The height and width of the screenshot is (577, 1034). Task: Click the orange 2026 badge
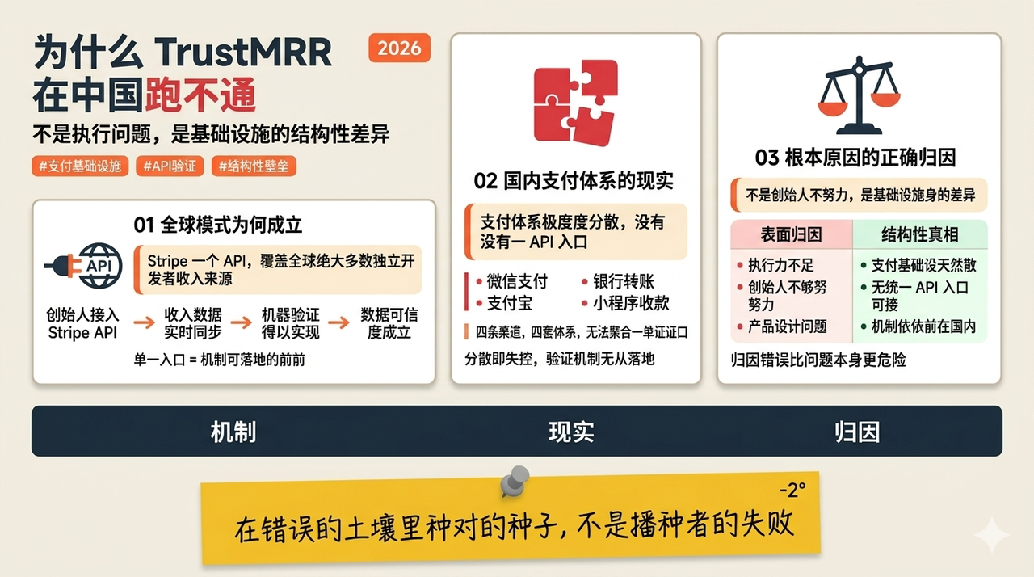coord(399,48)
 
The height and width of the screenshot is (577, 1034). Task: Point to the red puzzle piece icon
coord(576,103)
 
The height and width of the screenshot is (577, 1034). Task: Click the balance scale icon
coord(859,95)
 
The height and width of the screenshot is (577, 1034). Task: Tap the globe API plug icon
coord(84,266)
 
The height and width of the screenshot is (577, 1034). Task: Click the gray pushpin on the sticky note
coord(515,481)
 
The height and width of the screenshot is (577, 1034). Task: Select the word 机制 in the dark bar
coord(233,432)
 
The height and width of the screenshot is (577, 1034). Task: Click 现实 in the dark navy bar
coord(571,432)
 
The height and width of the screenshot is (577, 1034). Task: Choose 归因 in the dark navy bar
coord(857,432)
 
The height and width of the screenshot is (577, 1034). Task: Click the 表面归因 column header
coord(791,234)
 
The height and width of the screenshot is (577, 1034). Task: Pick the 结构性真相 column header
coord(920,234)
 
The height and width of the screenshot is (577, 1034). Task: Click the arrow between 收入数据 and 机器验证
coord(241,322)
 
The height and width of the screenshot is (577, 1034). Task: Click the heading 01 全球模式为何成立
coord(218,225)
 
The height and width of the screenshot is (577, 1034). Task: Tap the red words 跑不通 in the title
coord(200,95)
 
